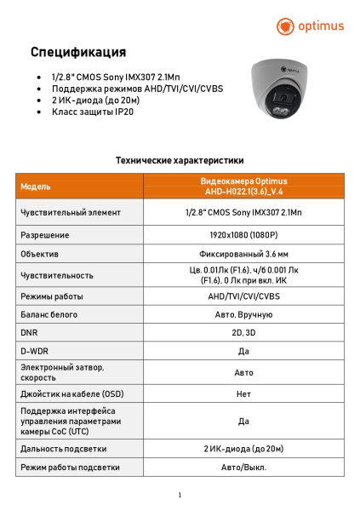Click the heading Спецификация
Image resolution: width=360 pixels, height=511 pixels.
coord(78,53)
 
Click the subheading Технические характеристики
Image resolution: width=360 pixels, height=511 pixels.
coord(180,159)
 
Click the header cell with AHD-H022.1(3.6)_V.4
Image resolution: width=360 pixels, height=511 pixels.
coord(243,187)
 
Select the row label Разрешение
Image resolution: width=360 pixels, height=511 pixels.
coord(44,234)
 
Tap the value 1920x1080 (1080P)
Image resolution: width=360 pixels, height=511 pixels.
coord(243,234)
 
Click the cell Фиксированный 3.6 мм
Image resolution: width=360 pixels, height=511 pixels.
coord(243,254)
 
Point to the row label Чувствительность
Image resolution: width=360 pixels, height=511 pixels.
coord(56,275)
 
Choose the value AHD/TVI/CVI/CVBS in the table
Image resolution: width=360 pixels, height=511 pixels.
coord(243,296)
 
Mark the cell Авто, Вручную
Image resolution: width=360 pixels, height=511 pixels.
coord(243,315)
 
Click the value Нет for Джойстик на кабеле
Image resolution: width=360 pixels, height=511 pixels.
coord(243,394)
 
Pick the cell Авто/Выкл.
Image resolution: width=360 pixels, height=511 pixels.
coord(243,467)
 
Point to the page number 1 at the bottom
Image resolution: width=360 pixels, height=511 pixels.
coord(180,495)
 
